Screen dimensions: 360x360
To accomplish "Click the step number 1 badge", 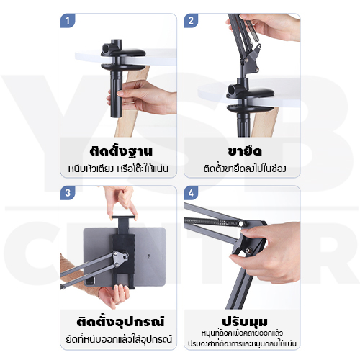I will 68,21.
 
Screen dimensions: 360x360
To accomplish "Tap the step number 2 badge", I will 192,21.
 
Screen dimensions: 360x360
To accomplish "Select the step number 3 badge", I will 68,194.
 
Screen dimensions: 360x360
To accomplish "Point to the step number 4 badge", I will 192,194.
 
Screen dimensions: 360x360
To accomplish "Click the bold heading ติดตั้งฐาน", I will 119,152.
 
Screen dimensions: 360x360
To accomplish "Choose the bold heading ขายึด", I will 241,152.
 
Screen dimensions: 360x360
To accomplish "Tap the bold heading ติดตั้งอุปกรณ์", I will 119,320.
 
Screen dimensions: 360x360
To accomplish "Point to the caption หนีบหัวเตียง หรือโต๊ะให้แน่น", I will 119,170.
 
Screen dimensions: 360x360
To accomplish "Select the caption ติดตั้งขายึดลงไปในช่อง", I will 241,170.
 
